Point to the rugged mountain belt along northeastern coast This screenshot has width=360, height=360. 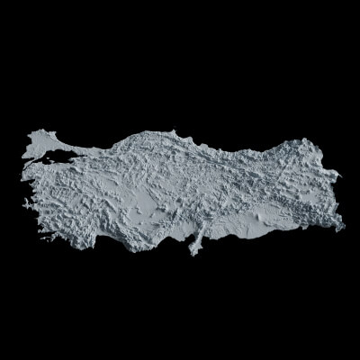[261, 148]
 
